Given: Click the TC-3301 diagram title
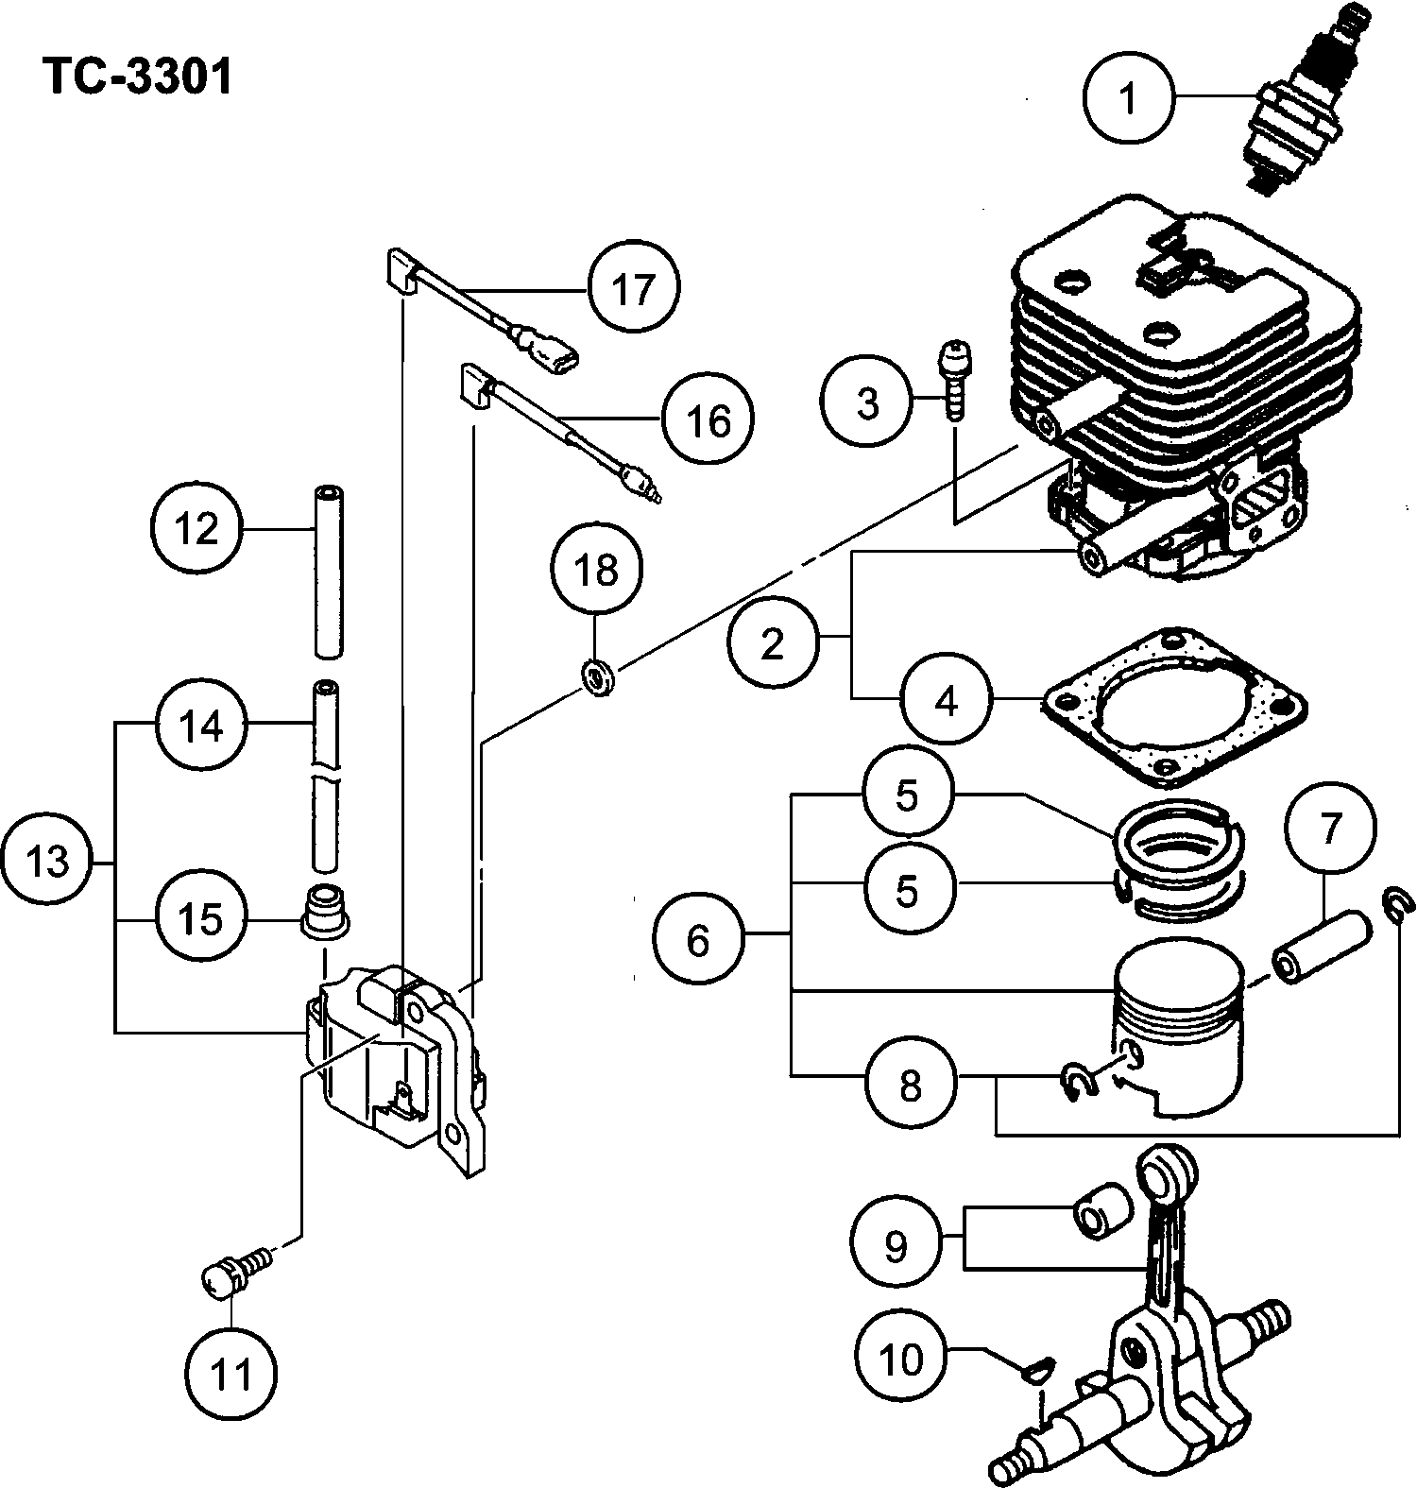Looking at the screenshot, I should (x=137, y=77).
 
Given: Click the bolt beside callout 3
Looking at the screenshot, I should (x=955, y=379).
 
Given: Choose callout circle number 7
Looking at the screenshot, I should (x=1330, y=829).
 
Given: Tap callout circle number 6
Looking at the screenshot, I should (x=698, y=939).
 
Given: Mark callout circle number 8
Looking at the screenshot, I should (x=910, y=1084).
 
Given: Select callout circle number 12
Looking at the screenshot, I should (x=198, y=528).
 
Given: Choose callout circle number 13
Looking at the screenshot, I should (x=48, y=862).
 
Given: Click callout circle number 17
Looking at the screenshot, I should (x=633, y=287).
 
